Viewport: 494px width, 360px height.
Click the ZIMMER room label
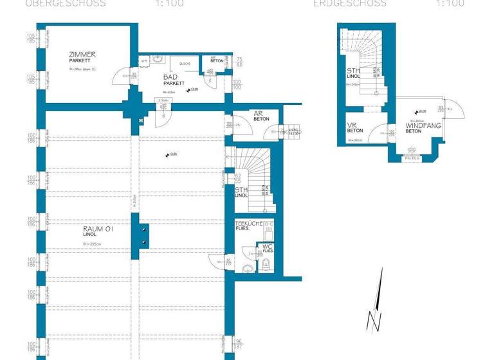point(82,55)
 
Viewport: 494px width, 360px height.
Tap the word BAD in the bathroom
point(170,76)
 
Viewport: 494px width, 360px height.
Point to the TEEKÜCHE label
point(248,222)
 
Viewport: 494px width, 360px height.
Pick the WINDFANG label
point(423,125)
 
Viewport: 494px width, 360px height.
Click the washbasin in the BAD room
point(159,60)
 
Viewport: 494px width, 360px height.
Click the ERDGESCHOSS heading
point(349,3)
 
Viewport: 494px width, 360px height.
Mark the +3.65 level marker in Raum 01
point(170,154)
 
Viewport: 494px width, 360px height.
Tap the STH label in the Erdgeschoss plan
point(353,71)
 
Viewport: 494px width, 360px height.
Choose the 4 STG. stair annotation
point(293,131)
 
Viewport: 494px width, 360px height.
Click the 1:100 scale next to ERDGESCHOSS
point(450,3)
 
